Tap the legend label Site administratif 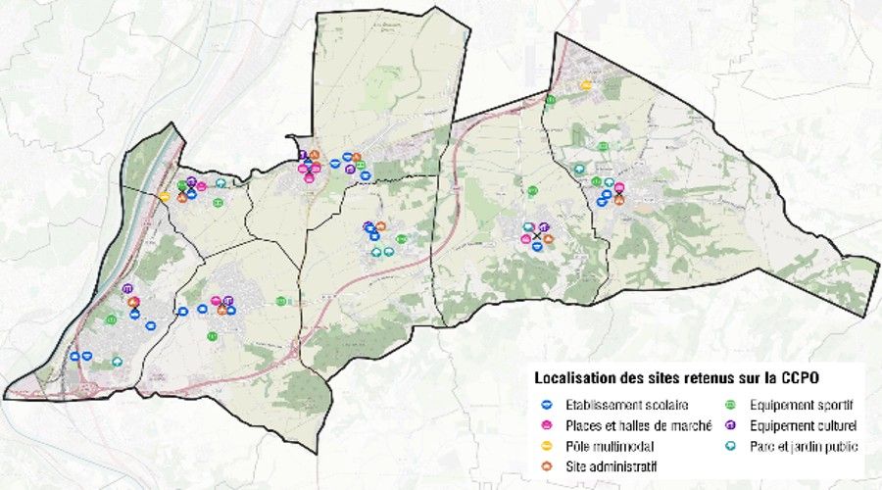611,465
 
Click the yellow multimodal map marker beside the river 165,197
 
